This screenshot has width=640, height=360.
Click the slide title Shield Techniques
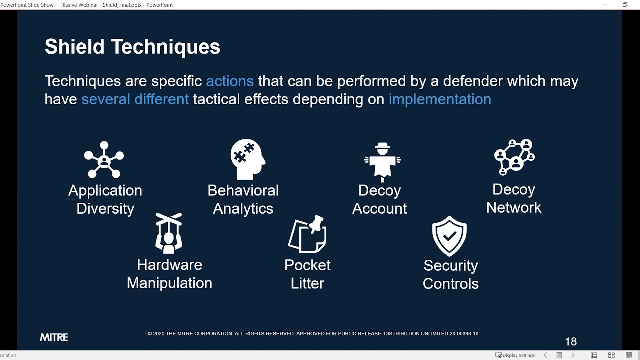coord(132,47)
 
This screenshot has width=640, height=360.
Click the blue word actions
coord(229,81)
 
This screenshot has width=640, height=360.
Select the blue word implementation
coord(440,99)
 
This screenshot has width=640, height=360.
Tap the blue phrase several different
coord(135,99)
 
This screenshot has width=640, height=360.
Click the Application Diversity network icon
coord(104,159)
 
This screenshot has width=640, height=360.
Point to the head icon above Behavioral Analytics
coord(248,159)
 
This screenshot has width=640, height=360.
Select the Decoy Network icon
coord(514,157)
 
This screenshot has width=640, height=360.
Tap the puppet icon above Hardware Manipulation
coord(168,233)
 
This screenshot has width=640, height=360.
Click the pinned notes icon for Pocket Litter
coord(307,234)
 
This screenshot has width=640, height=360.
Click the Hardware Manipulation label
coord(169,274)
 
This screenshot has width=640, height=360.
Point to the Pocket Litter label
coord(307,274)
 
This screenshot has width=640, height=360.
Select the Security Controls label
coord(450,274)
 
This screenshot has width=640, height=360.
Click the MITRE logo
coord(54,337)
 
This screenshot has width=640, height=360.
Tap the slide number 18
coord(570,342)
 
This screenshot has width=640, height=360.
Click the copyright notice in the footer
coord(313,334)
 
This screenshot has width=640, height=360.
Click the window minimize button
coord(605,5)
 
